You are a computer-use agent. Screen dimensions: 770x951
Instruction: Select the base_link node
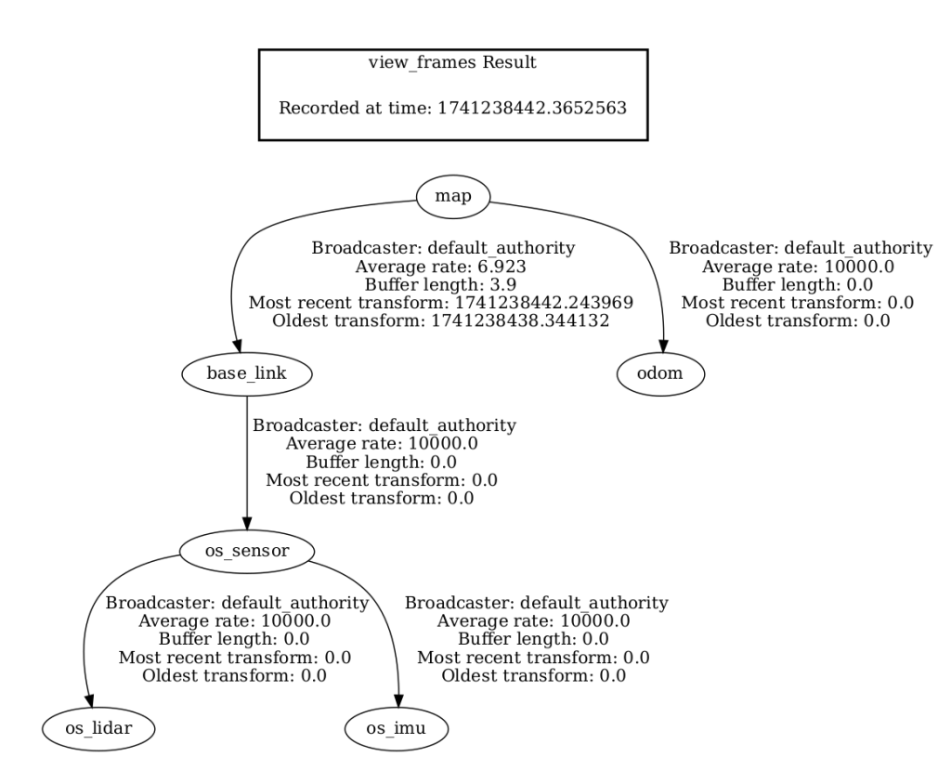[245, 374]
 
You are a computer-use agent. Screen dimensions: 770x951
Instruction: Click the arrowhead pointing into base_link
[236, 348]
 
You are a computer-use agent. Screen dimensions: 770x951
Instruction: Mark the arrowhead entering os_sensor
[246, 526]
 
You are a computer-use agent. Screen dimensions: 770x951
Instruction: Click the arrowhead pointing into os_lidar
[90, 703]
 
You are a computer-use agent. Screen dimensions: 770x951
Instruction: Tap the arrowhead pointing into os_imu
[399, 703]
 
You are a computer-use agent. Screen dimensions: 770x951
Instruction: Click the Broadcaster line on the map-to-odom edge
[801, 249]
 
